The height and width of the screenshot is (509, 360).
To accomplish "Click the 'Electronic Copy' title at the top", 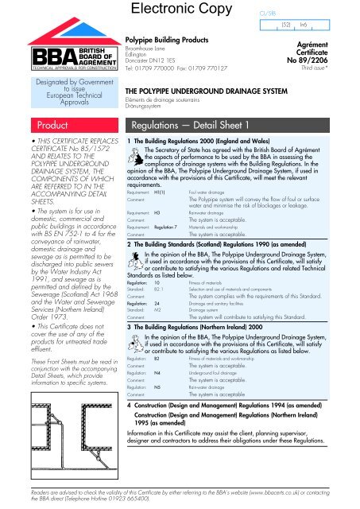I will click(x=181, y=11).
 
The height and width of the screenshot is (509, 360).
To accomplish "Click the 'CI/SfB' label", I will click(x=266, y=13).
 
